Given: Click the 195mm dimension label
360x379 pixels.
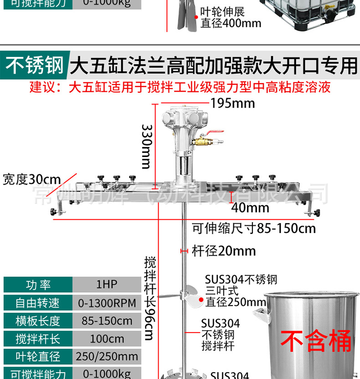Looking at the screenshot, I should coord(232,103).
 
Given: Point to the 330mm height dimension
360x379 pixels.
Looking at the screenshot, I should coord(146,145).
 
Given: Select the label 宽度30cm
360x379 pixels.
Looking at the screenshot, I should coord(31,179).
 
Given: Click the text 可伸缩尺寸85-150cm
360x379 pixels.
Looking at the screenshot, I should coord(254,228).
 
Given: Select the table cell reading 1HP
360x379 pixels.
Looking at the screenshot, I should coord(107,285).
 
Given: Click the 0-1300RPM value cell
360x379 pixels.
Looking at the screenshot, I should coord(107,303).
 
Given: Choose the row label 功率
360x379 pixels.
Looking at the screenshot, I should coord(38,285).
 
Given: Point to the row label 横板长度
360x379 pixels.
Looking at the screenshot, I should coord(38,321).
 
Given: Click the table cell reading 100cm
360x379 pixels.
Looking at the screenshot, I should coord(107,339).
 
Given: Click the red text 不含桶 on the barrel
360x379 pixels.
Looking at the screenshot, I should coord(315,341).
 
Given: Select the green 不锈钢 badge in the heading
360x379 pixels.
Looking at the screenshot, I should coord(35,65).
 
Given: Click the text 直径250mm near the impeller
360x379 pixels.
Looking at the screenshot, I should coord(235,302).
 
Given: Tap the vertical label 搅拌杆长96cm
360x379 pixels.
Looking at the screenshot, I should coord(150,299).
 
